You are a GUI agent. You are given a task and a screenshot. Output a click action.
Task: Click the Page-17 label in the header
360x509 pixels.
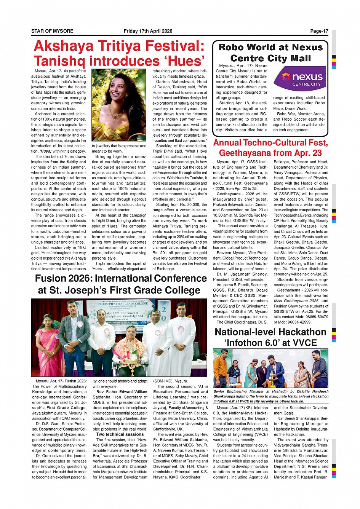coord(319,31)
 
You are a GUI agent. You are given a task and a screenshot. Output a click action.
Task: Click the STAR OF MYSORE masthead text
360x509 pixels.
coord(52,31)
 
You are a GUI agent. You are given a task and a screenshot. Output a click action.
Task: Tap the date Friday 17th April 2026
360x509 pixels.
coord(148,31)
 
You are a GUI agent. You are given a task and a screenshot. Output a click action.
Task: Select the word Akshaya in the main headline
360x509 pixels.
coord(63,46)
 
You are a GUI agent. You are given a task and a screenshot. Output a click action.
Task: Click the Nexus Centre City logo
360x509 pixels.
coord(300,79)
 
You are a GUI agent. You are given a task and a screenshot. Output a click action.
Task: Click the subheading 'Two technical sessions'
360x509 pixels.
coord(120,434)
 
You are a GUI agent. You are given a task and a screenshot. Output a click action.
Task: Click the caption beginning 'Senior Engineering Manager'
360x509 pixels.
coord(270,396)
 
